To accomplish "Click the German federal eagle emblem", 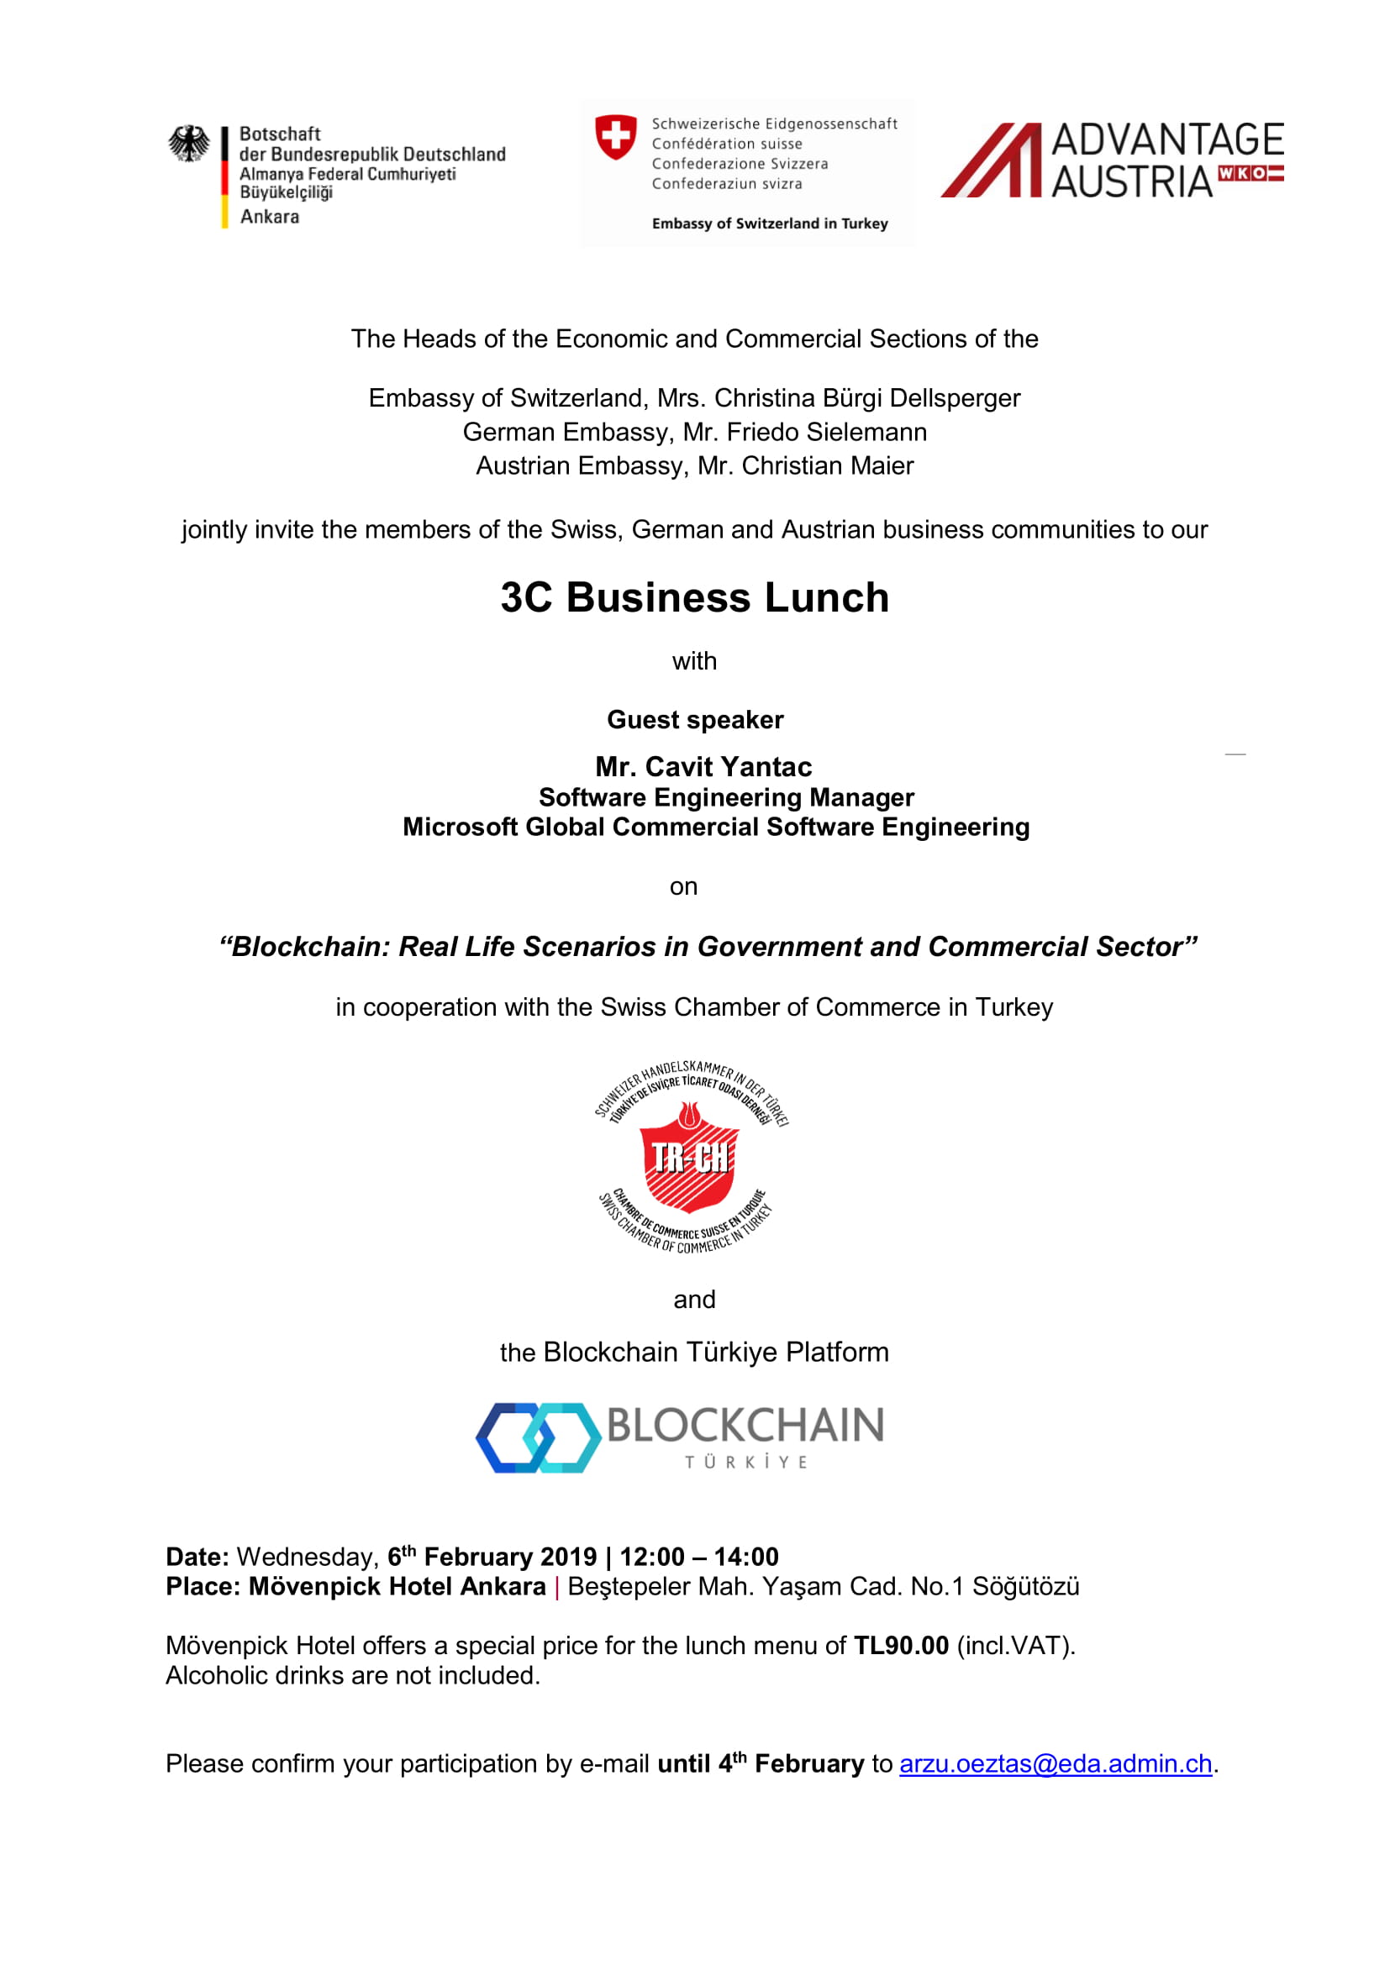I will (x=188, y=144).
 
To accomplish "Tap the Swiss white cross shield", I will (x=615, y=137).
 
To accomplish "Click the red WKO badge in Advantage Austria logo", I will (x=1250, y=174).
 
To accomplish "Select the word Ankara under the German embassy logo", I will (x=270, y=217).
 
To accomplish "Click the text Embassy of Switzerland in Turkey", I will (x=770, y=224).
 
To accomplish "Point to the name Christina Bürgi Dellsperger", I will (x=867, y=398).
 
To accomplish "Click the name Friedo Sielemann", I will (x=827, y=432).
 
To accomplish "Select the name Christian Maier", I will (x=828, y=465).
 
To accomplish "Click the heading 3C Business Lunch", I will (x=694, y=597).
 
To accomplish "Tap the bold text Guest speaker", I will (x=695, y=720).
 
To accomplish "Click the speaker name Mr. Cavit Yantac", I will (x=703, y=766).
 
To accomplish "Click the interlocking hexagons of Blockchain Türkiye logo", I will (x=539, y=1437).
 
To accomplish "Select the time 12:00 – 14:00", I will (x=699, y=1557).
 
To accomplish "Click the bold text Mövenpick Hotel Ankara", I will (x=398, y=1587).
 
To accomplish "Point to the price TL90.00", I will (x=901, y=1646).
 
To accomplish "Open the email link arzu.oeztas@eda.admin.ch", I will (x=1056, y=1764).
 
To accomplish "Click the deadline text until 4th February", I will (x=760, y=1764).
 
